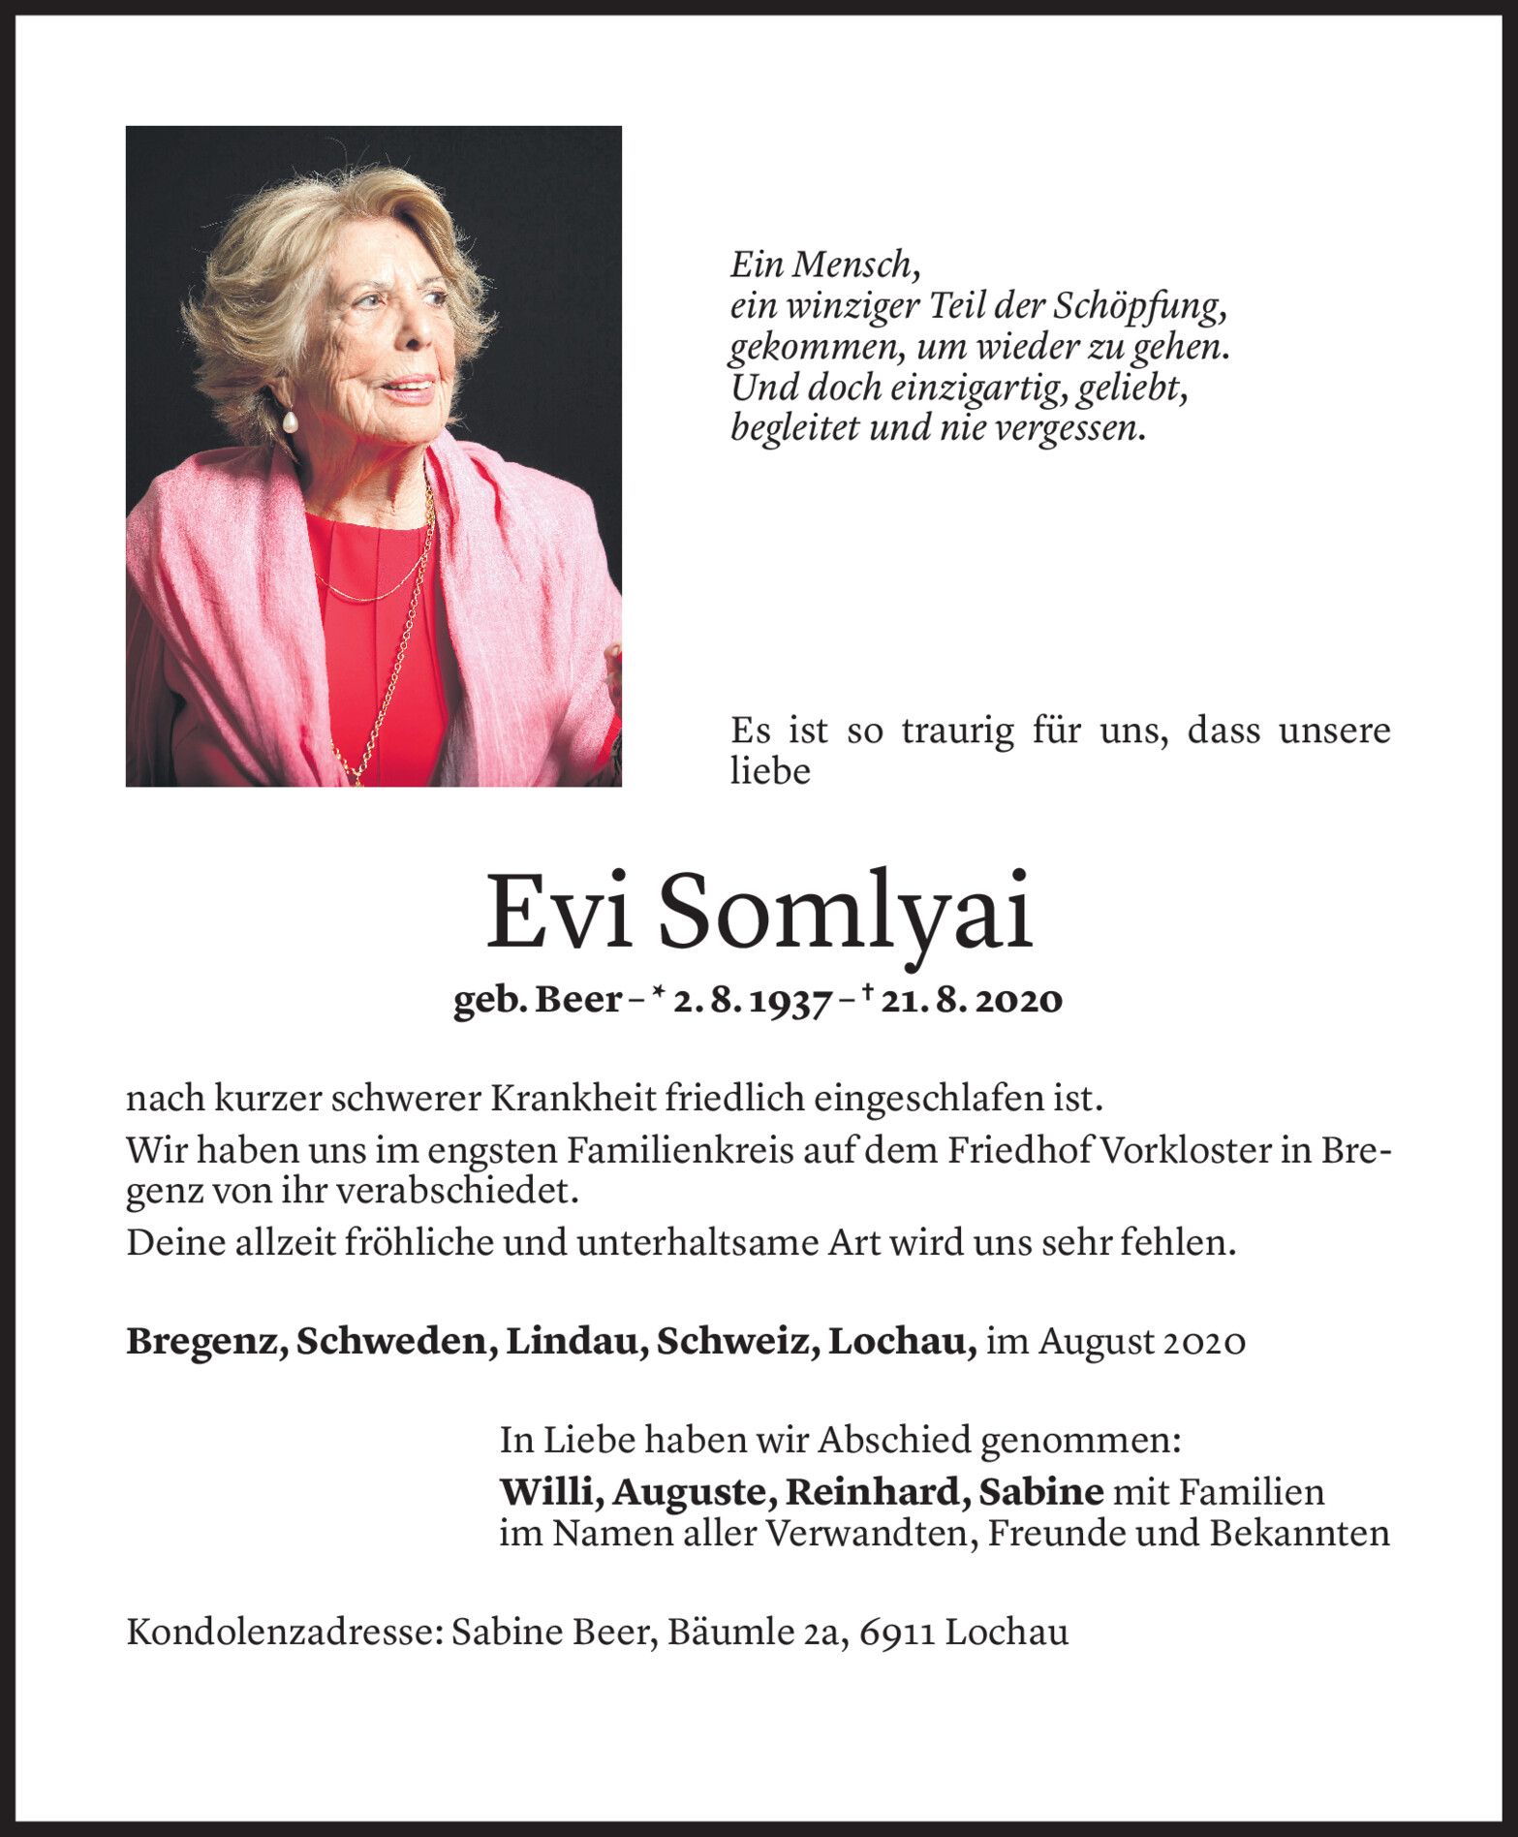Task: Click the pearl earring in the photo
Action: [x=288, y=420]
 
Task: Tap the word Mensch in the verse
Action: [x=853, y=265]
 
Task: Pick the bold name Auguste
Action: [x=692, y=1492]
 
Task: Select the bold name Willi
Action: [x=548, y=1492]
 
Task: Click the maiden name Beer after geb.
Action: [x=578, y=1000]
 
